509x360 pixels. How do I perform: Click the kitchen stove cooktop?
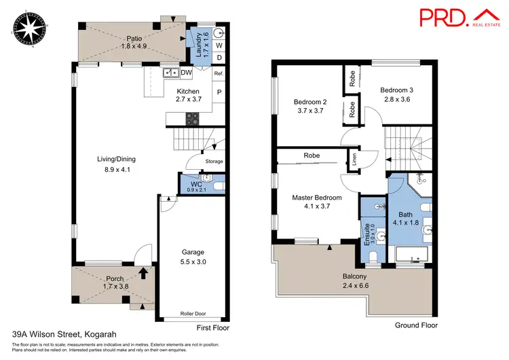192,117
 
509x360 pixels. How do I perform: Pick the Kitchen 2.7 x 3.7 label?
188,95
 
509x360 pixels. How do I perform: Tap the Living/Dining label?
117,164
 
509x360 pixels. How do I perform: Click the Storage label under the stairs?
214,161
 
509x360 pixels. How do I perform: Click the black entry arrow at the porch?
143,273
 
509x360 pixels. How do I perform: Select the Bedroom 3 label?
397,94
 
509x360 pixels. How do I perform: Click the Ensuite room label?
366,233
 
